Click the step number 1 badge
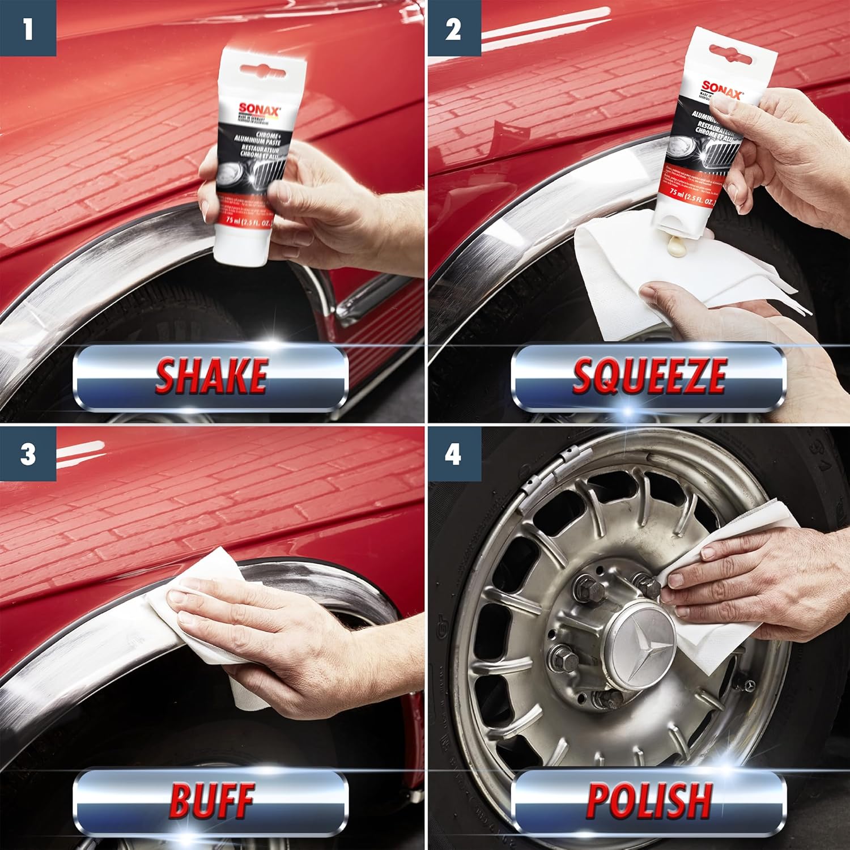(28, 28)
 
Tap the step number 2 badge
(453, 28)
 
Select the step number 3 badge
(28, 454)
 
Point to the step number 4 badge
(453, 454)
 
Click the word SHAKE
(211, 376)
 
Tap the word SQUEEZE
(648, 376)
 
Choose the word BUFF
(211, 800)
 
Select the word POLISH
(648, 800)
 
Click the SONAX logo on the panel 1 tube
(258, 109)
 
